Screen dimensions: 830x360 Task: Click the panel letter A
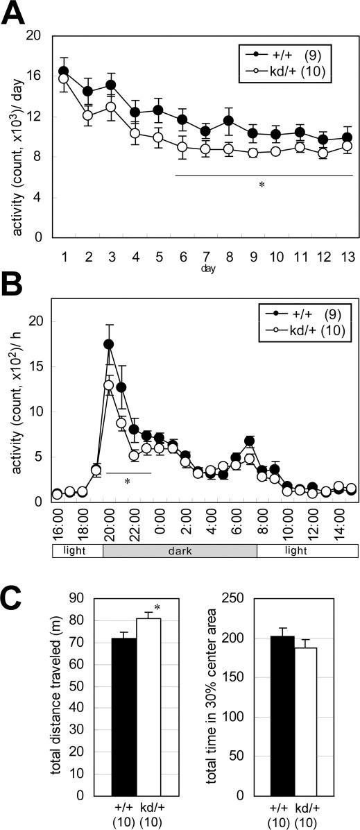pos(15,14)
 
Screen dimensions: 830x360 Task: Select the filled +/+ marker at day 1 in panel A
pos(63,71)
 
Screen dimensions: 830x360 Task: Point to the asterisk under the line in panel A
pos(262,185)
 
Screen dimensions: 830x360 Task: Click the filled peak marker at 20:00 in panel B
pos(109,344)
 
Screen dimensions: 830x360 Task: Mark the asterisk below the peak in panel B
pos(128,482)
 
